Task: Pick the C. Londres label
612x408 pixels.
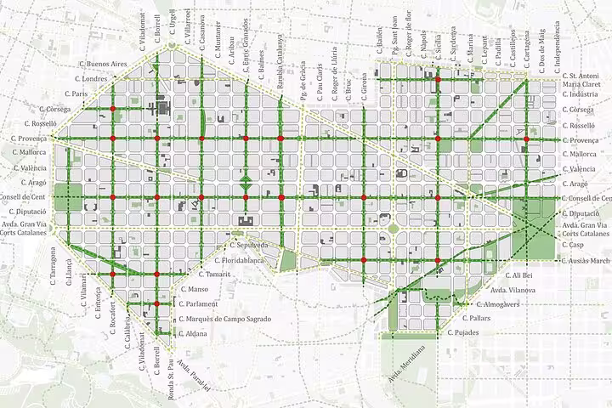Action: pyautogui.click(x=93, y=78)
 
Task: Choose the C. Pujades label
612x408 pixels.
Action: pyautogui.click(x=467, y=332)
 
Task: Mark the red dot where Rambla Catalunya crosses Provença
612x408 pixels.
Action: pyautogui.click(x=280, y=138)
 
